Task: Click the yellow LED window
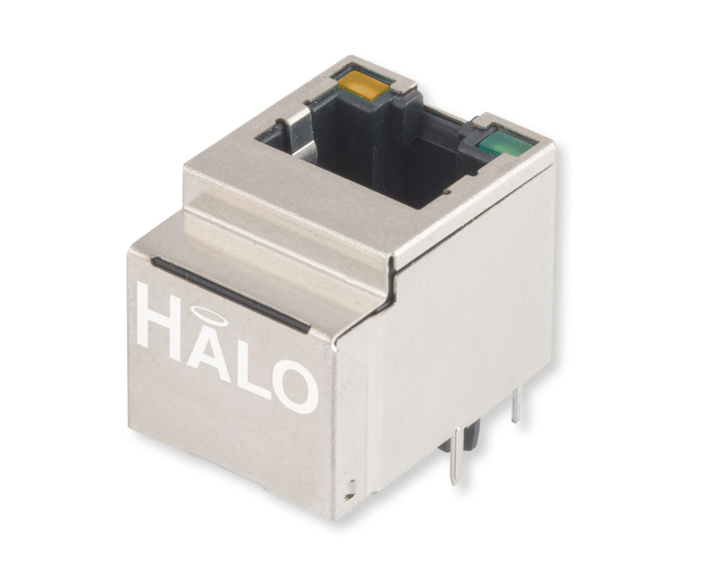361,85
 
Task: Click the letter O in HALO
294,389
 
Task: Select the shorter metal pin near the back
515,405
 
